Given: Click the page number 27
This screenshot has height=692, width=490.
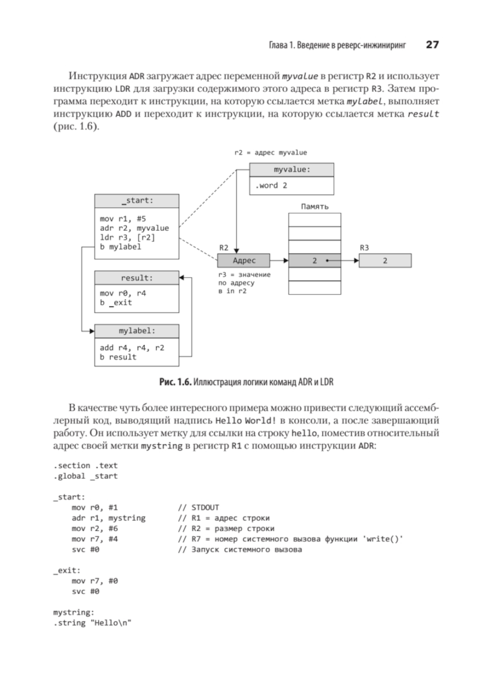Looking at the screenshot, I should [432, 45].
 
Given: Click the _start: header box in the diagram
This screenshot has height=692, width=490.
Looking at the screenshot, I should [137, 201].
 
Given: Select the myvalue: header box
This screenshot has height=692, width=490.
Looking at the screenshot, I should [292, 169].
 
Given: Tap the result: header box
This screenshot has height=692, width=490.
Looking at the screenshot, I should [137, 278].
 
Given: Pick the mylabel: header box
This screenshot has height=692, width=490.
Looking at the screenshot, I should [137, 331].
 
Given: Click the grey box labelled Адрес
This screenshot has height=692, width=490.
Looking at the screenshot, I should [244, 261].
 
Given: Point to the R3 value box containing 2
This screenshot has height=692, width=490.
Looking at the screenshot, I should [385, 261].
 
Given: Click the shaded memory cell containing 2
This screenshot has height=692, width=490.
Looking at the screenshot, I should [315, 261].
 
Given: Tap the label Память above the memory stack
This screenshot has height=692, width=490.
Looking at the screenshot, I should [315, 207].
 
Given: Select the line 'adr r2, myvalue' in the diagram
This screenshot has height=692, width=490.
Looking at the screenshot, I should [134, 228].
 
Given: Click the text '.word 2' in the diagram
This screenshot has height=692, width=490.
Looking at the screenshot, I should [271, 186].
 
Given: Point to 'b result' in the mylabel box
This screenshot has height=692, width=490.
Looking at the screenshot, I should [118, 357].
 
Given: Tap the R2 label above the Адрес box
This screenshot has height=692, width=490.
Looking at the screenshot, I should [223, 248].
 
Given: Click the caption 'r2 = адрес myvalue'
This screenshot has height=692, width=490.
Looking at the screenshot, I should [270, 152].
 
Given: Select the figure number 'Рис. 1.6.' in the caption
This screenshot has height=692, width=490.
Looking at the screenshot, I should [175, 382].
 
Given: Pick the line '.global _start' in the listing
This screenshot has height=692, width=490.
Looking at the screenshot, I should [85, 476].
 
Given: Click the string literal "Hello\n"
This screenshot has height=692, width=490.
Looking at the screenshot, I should [111, 623].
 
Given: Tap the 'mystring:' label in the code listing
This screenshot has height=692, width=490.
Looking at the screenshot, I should [73, 613].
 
